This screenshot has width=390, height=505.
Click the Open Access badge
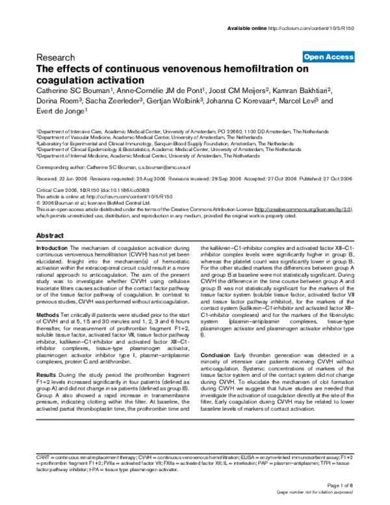(328, 57)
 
